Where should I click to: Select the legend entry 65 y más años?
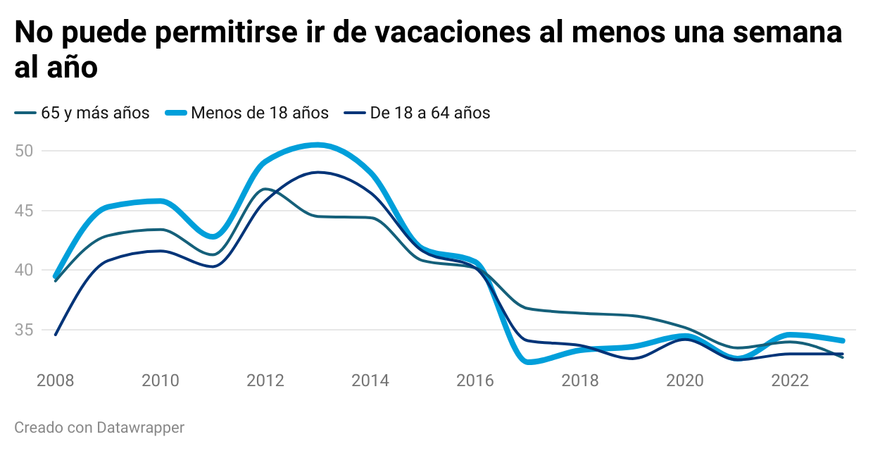(95, 113)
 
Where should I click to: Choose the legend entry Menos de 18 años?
(260, 113)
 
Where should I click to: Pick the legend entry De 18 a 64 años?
(430, 113)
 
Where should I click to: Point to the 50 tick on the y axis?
(25, 151)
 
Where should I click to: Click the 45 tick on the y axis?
(25, 211)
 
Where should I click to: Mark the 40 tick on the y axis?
(25, 270)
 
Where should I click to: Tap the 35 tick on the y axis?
(25, 330)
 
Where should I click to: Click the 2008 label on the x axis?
(56, 381)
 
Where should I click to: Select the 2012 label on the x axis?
(265, 381)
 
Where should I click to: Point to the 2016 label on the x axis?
(475, 381)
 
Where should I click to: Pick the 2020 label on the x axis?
(685, 381)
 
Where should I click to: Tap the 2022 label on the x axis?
(790, 381)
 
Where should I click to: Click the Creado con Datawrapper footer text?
(99, 427)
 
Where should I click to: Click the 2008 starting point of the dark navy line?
(56, 335)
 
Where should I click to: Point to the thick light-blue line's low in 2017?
(528, 362)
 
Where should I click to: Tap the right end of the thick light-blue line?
(843, 340)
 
